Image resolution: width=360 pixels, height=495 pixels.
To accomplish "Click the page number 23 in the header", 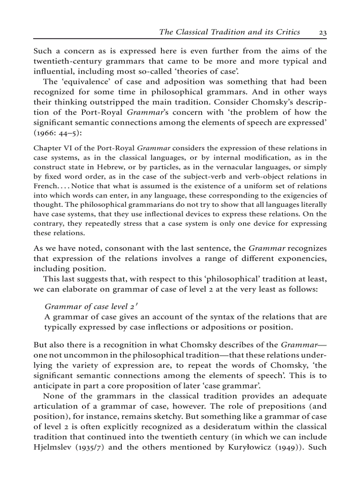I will point(322,32).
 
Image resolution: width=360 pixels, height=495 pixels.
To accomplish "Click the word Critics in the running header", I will point(285,32).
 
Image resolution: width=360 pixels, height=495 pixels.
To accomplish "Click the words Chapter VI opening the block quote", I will point(52,148).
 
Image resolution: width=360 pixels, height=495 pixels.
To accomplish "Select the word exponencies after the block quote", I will point(300,259).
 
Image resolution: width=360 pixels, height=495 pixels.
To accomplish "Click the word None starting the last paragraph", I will point(53,396).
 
